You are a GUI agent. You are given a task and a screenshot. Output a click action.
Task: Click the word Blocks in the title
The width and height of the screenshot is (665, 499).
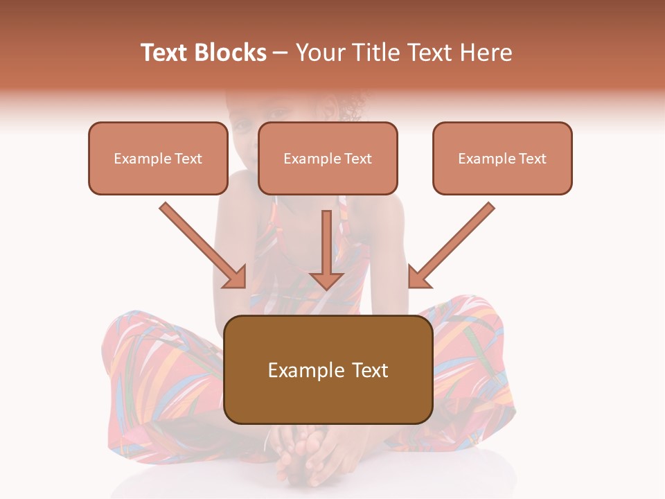coord(231,53)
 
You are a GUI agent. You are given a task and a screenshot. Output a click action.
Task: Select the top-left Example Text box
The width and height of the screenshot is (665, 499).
coord(158,158)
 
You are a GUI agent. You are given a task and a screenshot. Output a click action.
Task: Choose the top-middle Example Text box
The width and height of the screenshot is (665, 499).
coord(328,158)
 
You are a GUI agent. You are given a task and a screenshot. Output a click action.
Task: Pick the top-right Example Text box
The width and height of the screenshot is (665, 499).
coord(502,158)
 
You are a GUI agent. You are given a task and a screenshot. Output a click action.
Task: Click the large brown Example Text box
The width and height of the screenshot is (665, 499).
coord(328,370)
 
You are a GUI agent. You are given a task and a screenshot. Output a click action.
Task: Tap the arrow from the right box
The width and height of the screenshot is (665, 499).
coord(454,243)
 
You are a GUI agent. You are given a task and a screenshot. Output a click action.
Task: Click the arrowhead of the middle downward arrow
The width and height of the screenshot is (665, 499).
coord(327,280)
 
